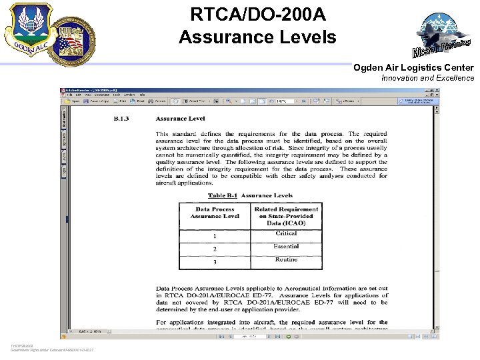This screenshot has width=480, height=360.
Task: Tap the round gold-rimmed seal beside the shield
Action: (x=77, y=39)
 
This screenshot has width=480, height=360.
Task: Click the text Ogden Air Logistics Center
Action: (x=413, y=67)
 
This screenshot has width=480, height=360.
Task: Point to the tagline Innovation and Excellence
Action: (x=427, y=78)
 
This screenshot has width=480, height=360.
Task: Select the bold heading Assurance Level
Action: (x=180, y=118)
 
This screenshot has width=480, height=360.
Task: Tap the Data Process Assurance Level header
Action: (x=215, y=213)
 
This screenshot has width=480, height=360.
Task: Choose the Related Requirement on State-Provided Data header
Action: (x=286, y=216)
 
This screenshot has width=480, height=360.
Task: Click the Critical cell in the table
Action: (x=286, y=233)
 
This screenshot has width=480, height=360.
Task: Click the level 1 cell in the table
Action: (x=215, y=236)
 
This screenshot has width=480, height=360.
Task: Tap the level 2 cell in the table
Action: (x=215, y=249)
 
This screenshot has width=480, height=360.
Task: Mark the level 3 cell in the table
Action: (x=215, y=262)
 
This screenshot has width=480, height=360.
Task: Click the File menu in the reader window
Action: (x=69, y=95)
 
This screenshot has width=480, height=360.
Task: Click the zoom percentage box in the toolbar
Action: (x=282, y=101)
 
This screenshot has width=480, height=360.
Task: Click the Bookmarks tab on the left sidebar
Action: (x=65, y=118)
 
